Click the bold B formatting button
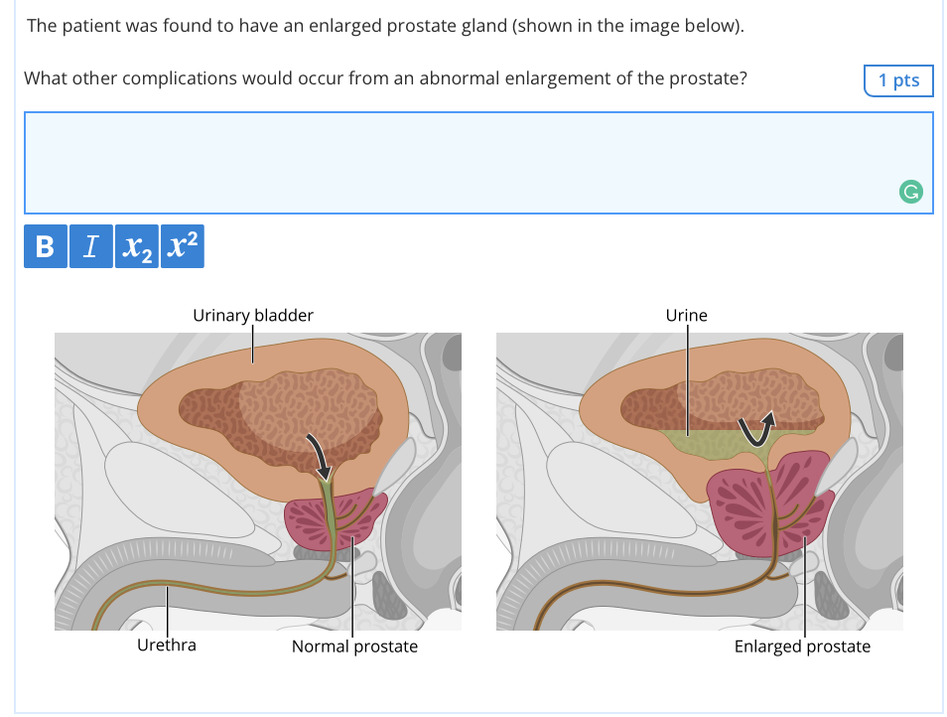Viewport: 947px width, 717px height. point(46,246)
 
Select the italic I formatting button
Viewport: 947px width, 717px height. point(91,246)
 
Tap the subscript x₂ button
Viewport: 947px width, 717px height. point(137,246)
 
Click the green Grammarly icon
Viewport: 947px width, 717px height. point(910,192)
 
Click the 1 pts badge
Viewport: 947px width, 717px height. point(898,80)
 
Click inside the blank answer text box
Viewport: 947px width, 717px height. point(459,162)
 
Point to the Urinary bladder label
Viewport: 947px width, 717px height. point(253,316)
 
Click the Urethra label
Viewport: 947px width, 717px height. point(167,645)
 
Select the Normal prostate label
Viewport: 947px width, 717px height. point(354,646)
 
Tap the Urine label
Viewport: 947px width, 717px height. point(686,316)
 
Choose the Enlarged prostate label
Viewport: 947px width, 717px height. point(802,646)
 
